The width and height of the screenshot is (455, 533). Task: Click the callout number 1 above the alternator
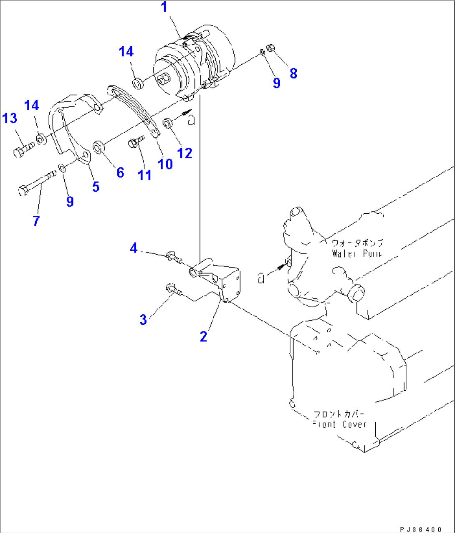164,8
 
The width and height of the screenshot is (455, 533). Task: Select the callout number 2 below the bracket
203,336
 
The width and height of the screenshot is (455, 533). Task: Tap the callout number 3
143,320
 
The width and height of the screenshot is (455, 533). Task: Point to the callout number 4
134,248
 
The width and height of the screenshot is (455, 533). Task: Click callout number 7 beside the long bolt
36,221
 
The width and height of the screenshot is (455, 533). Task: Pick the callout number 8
293,73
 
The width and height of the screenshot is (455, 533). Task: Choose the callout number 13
10,119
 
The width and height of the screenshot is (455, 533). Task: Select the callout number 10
165,164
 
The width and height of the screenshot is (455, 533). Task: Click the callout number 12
185,153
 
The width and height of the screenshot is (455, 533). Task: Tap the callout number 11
144,175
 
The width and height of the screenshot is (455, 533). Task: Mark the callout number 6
120,172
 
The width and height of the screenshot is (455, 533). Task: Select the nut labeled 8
270,48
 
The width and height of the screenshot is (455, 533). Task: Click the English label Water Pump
357,253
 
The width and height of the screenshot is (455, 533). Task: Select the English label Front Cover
340,424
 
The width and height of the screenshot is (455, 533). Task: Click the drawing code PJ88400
420,529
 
